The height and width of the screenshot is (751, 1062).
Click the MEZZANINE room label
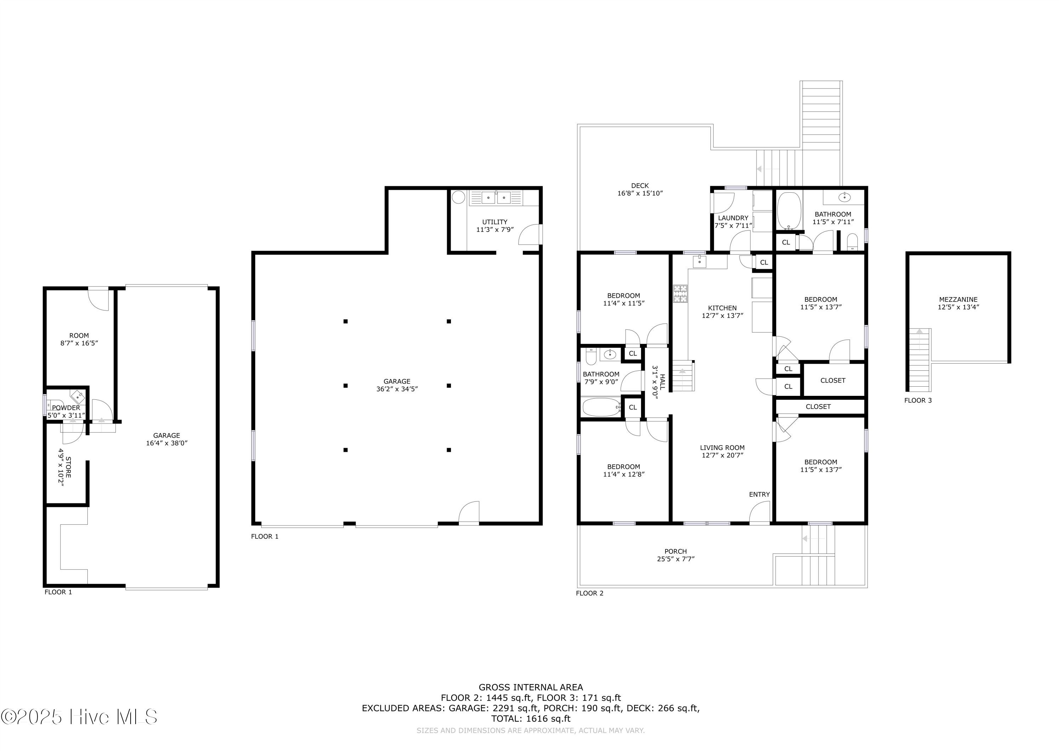pyautogui.click(x=958, y=300)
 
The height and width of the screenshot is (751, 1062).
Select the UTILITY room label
pyautogui.click(x=495, y=222)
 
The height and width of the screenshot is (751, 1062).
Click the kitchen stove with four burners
pyautogui.click(x=680, y=294)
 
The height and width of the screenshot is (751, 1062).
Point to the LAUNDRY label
pyautogui.click(x=733, y=218)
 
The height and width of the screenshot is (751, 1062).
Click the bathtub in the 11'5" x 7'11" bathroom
pyautogui.click(x=789, y=211)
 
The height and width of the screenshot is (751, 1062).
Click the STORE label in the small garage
pyautogui.click(x=68, y=467)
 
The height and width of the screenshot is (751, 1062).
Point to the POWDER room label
pyautogui.click(x=66, y=408)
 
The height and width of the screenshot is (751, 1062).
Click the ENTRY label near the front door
pyautogui.click(x=759, y=494)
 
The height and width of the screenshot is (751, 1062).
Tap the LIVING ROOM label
pyautogui.click(x=722, y=448)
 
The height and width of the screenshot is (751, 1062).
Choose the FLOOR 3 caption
pyautogui.click(x=918, y=400)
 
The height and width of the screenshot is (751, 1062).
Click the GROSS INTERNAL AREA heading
pyautogui.click(x=531, y=687)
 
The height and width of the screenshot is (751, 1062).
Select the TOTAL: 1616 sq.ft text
pyautogui.click(x=531, y=719)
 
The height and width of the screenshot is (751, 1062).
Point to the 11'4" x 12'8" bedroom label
pyautogui.click(x=623, y=470)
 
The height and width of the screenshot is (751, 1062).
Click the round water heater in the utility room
pyautogui.click(x=458, y=198)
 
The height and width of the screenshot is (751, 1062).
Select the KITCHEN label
pyautogui.click(x=722, y=308)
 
